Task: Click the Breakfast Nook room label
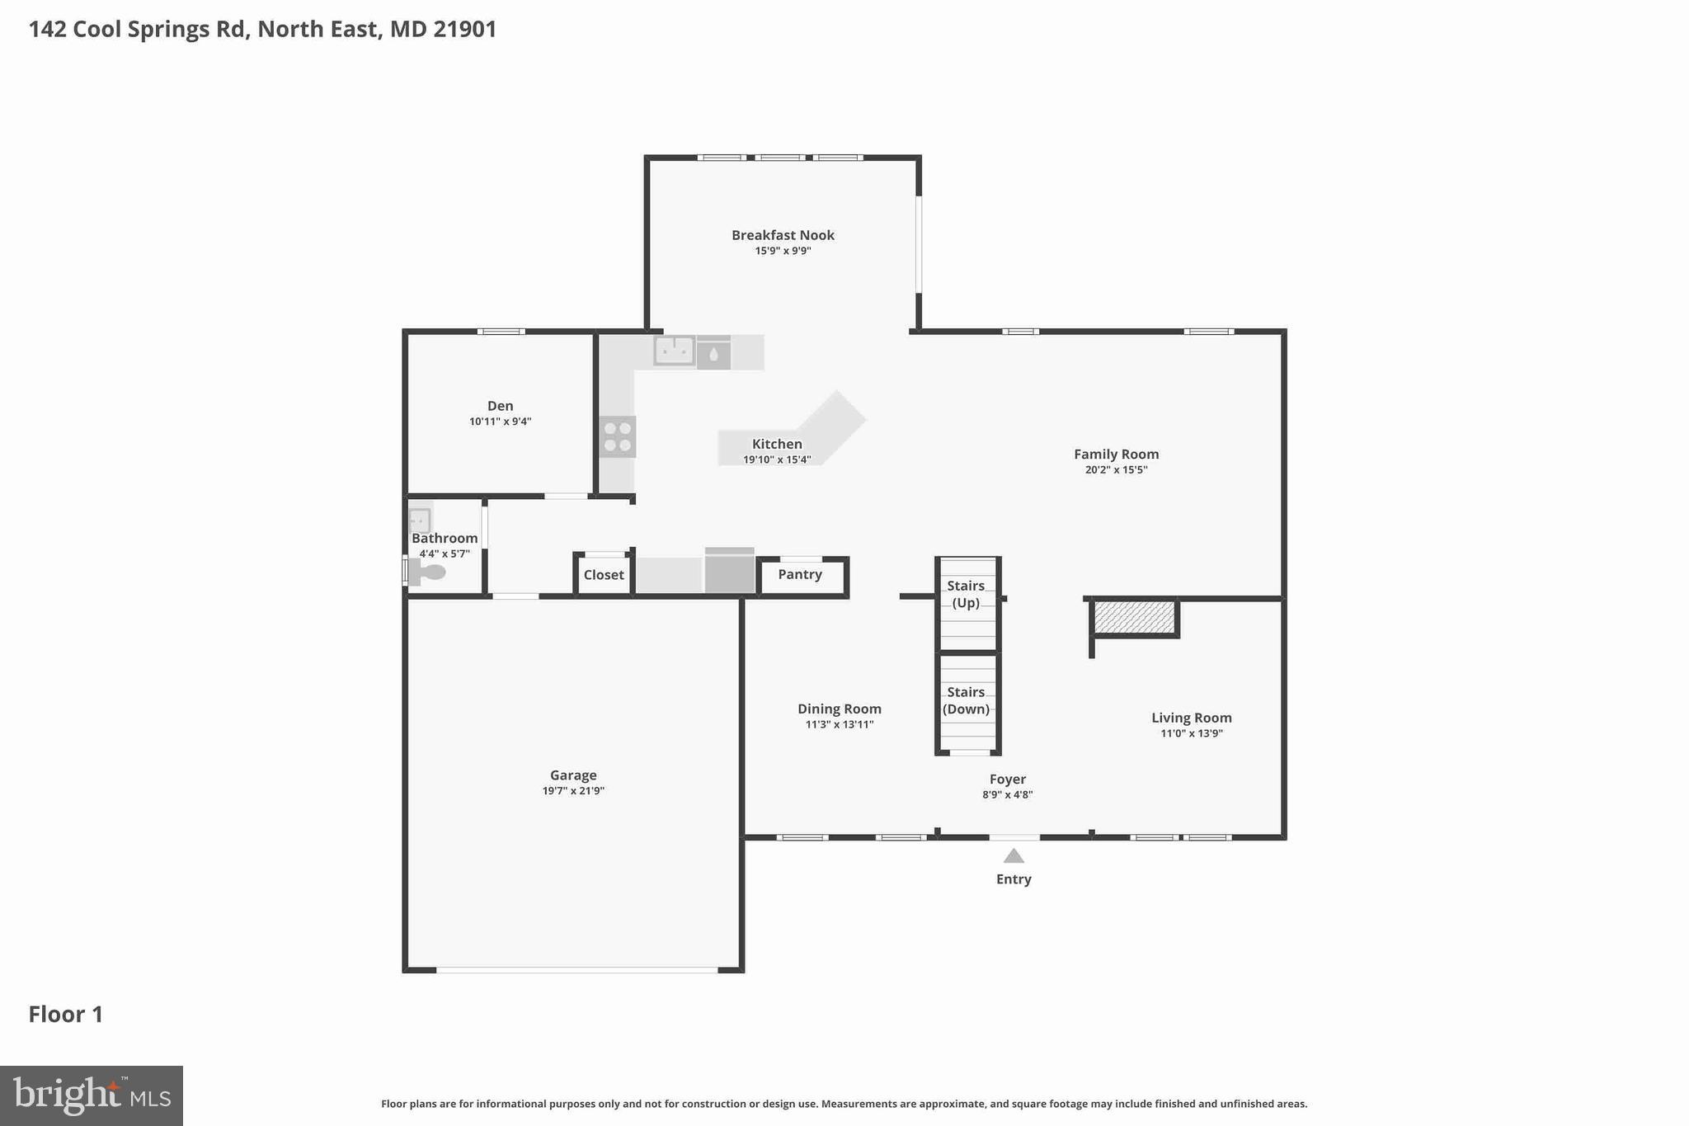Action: pos(783,235)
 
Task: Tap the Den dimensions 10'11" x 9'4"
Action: pos(500,422)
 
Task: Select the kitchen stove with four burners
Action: pos(617,437)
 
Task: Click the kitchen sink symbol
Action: pos(674,351)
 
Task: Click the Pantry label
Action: pos(799,574)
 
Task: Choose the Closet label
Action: pos(604,575)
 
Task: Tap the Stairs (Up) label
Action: pos(966,594)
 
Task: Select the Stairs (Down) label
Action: pos(966,700)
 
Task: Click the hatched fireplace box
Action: pos(1134,618)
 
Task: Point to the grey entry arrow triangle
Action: pos(1014,856)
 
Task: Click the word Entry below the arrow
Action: pos(1014,879)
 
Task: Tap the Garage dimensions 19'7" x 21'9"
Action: pos(573,791)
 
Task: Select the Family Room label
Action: pos(1116,455)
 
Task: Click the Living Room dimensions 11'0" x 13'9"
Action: pos(1191,733)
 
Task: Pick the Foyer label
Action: pos(1008,780)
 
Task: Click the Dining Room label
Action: pos(839,709)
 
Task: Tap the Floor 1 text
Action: pos(66,1015)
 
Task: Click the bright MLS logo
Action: pos(92,1095)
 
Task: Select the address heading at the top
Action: pos(262,30)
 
